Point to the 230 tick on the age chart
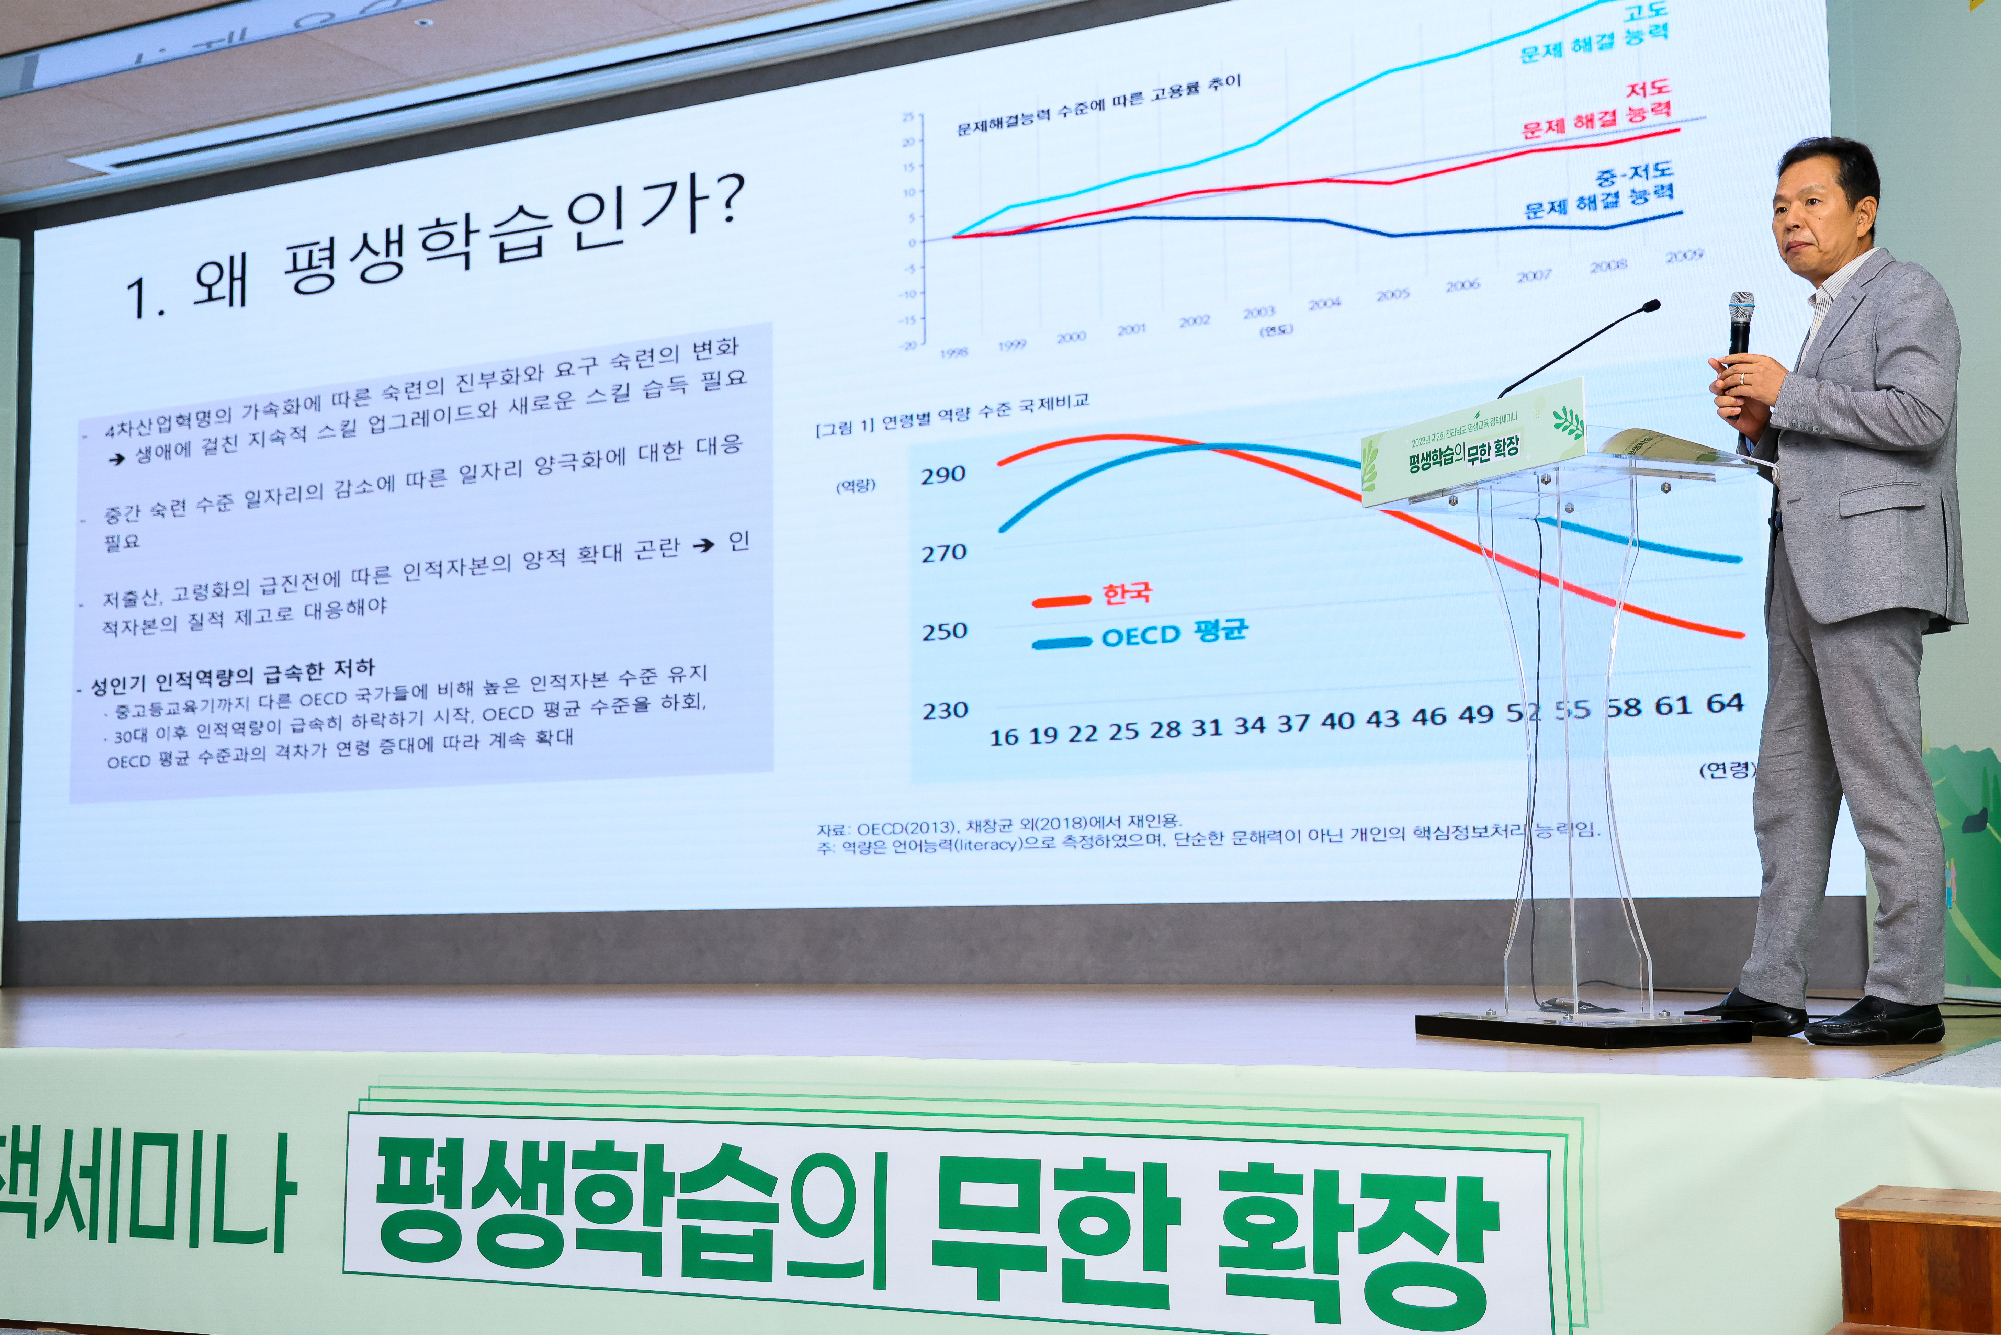point(945,710)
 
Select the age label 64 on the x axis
point(1724,703)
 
